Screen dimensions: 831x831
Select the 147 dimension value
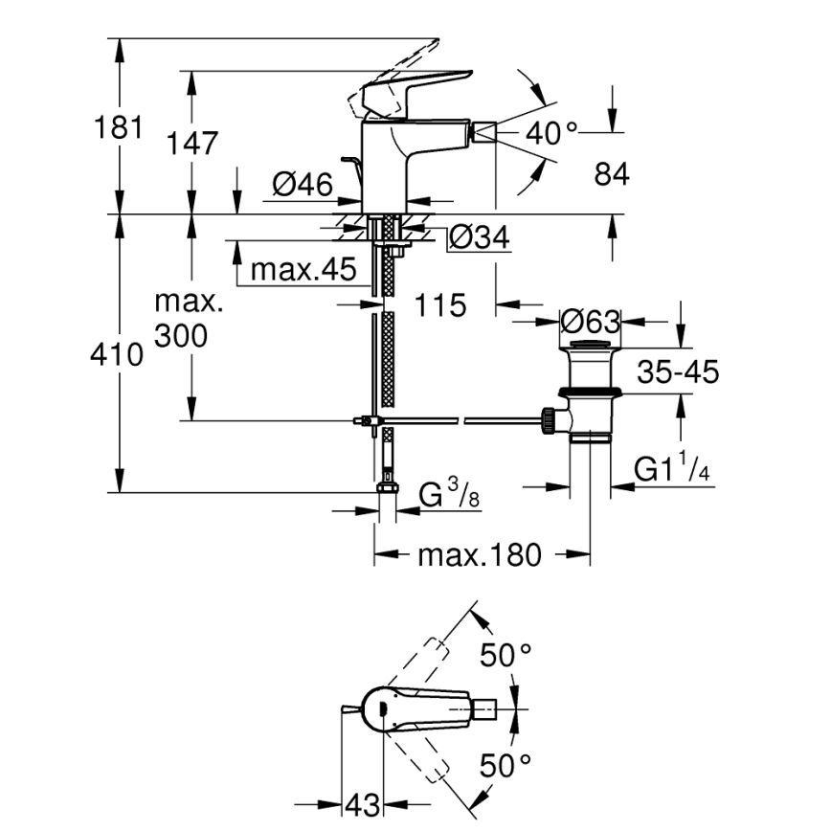pyautogui.click(x=193, y=144)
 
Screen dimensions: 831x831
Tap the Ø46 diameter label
pyautogui.click(x=302, y=185)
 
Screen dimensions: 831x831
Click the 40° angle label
pyautogui.click(x=552, y=134)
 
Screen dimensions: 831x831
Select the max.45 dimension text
pyautogui.click(x=303, y=271)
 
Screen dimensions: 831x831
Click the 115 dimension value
pyautogui.click(x=441, y=305)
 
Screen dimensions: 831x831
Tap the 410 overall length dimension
pyautogui.click(x=117, y=355)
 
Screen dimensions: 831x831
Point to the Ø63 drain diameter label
pyautogui.click(x=592, y=321)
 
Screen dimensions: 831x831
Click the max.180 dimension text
pyautogui.click(x=479, y=554)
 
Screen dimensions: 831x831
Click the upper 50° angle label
pyautogui.click(x=505, y=656)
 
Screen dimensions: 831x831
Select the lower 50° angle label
pyautogui.click(x=505, y=765)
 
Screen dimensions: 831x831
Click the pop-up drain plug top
pyautogui.click(x=590, y=346)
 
